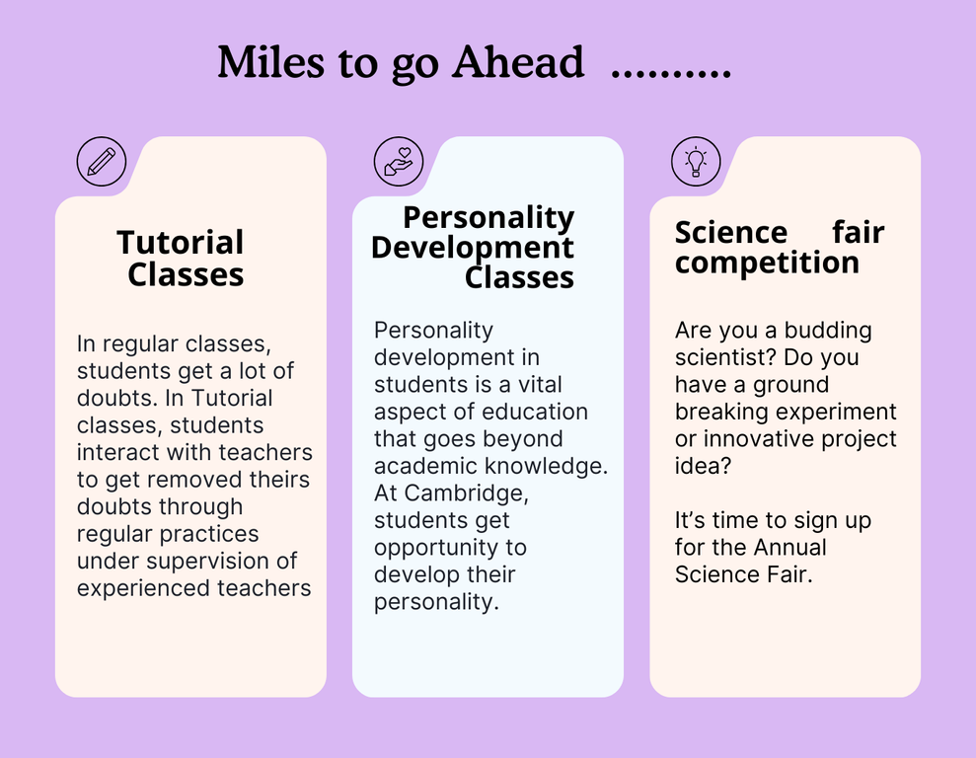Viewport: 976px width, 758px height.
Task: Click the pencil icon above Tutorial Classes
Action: click(102, 162)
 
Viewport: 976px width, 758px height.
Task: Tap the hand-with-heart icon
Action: click(399, 162)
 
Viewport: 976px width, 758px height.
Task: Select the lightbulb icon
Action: click(696, 162)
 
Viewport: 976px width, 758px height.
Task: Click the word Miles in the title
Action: click(271, 62)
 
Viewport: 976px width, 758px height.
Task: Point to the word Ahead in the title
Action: click(518, 62)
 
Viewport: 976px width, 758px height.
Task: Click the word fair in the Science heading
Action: click(859, 233)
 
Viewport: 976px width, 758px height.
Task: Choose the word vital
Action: click(540, 385)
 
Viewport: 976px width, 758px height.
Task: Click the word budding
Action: click(828, 331)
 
